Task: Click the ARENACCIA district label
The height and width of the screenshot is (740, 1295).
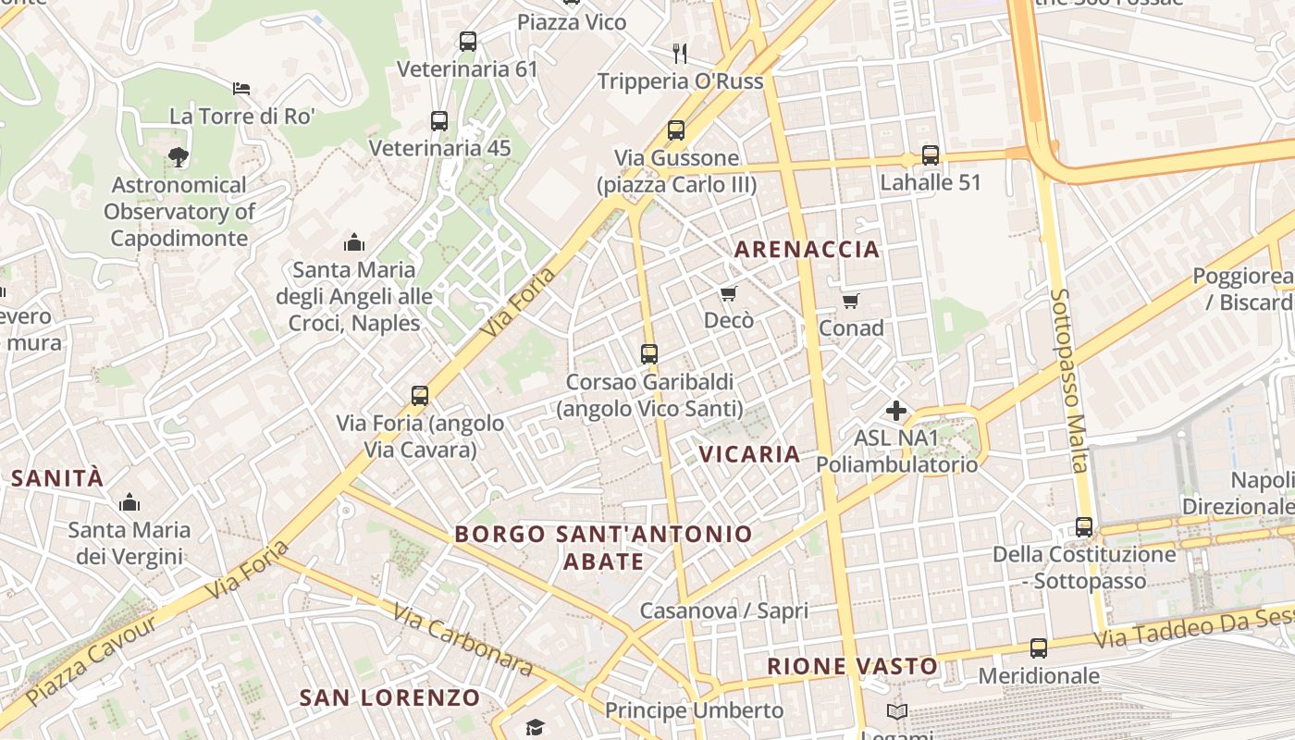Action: [x=807, y=249]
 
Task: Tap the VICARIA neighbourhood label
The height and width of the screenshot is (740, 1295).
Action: [x=749, y=453]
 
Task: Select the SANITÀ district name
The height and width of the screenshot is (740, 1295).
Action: [x=57, y=478]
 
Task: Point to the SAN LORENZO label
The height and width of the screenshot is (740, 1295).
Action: [x=389, y=697]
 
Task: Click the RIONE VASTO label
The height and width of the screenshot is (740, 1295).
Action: [x=852, y=666]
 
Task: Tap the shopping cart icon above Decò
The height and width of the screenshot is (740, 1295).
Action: [x=728, y=294]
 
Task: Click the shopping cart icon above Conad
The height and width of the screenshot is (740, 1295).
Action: [x=851, y=301]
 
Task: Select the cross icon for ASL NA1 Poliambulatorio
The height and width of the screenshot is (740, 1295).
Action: [x=895, y=410]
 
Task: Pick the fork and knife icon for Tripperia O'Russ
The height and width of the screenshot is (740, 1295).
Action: [x=680, y=53]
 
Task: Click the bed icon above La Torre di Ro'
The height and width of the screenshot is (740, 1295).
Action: [x=241, y=89]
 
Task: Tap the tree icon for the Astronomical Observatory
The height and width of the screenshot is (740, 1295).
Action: [x=178, y=157]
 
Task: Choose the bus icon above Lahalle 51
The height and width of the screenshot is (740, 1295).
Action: [x=930, y=155]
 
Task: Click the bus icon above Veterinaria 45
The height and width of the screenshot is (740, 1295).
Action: [x=439, y=121]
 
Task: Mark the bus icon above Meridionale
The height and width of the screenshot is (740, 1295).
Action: [x=1039, y=648]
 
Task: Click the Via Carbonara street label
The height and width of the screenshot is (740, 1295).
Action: [x=462, y=639]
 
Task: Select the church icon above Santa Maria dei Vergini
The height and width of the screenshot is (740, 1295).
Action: [x=129, y=503]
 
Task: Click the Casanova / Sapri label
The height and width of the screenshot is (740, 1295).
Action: [x=724, y=610]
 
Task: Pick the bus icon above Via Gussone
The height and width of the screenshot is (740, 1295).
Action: [x=676, y=130]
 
